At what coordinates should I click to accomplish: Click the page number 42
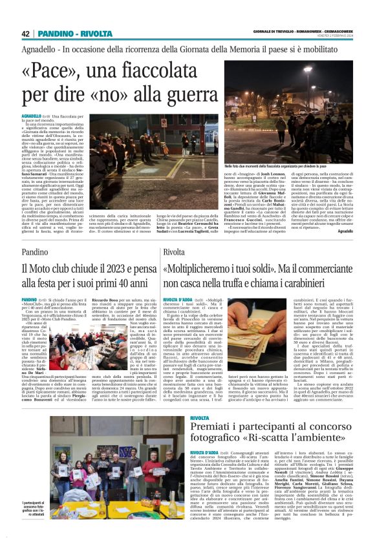click(26, 34)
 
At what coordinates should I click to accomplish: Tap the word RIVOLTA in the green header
click(97, 34)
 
